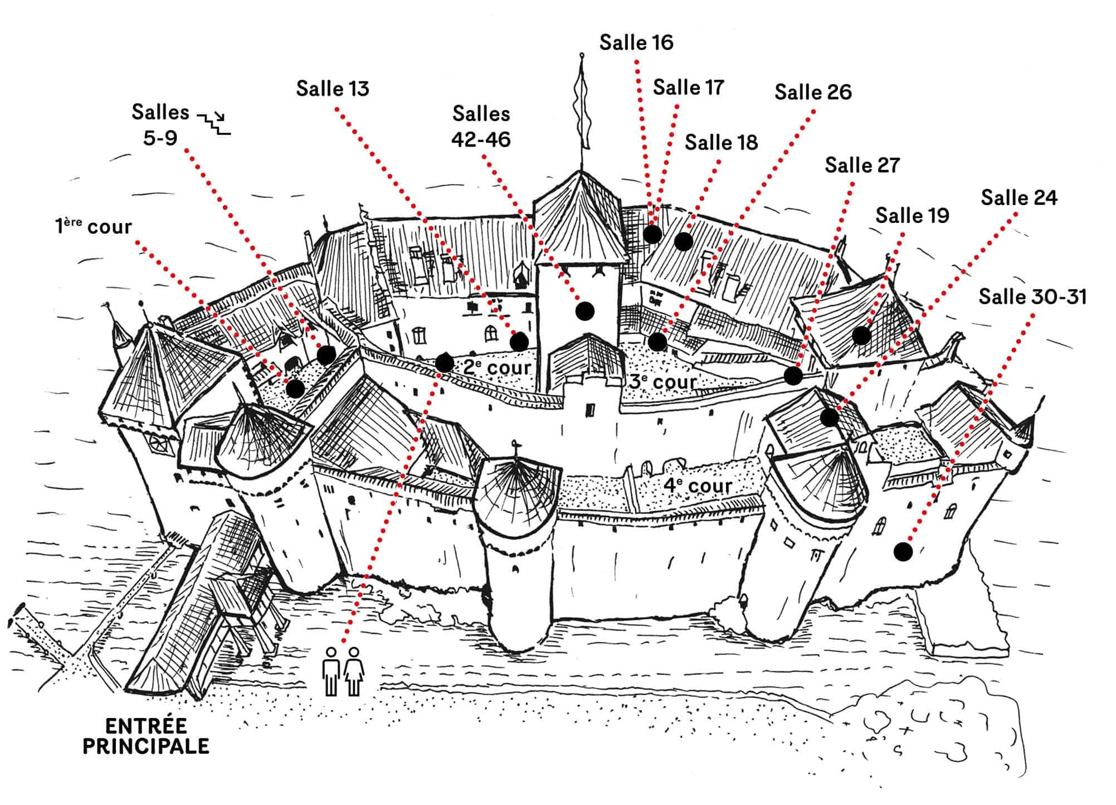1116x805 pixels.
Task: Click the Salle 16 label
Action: pos(636,43)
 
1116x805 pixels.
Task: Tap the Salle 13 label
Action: pos(333,89)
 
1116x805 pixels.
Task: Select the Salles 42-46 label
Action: pos(481,127)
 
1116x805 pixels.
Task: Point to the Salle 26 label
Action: pos(813,93)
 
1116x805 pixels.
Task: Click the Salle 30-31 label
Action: pos(1032,297)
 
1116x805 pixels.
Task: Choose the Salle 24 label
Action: pos(1019,198)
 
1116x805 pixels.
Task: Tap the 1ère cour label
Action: pos(93,227)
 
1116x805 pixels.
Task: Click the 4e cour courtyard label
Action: pos(697,486)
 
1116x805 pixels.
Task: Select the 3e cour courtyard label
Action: pos(663,382)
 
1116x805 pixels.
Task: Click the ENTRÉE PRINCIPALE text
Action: pos(146,736)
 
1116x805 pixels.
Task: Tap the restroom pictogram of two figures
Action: pos(343,671)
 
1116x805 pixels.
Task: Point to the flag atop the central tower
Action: pos(582,100)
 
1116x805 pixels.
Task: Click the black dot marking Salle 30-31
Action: pos(903,552)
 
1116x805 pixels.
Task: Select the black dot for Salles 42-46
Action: pos(584,311)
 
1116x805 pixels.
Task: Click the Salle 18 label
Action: pos(721,143)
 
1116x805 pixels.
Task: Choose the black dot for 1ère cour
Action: pos(295,389)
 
